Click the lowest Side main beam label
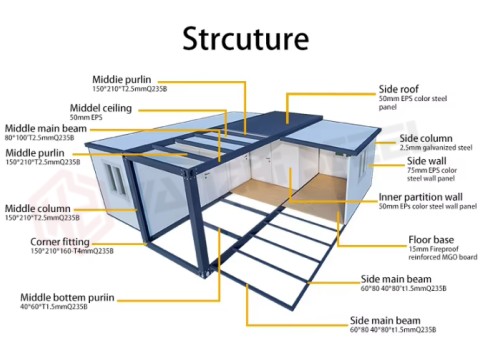pyautogui.click(x=391, y=318)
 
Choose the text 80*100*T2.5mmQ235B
pyautogui.click(x=44, y=138)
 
